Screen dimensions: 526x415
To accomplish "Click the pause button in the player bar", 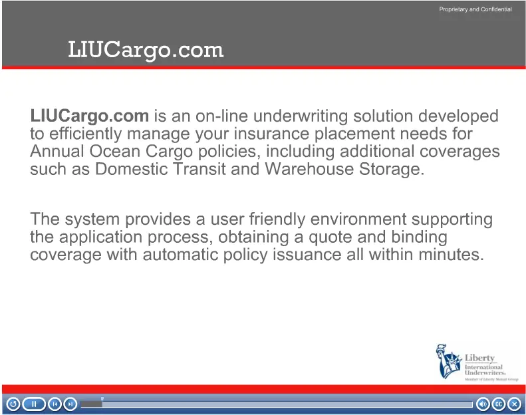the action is point(34,404).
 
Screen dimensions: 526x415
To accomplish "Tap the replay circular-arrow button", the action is point(13,404).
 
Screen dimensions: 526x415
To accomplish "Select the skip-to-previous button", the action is point(55,404).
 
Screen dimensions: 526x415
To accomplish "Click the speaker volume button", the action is point(483,404).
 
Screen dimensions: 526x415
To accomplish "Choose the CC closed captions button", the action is point(499,404).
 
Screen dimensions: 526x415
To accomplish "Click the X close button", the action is point(514,404).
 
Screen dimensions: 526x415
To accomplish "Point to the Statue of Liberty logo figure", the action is point(448,361).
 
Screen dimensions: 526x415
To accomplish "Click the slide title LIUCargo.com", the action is point(146,51).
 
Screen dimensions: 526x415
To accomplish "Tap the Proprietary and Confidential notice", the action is point(475,9).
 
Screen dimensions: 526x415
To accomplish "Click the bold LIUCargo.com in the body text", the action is point(90,116).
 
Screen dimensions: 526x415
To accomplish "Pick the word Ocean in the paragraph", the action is point(114,151).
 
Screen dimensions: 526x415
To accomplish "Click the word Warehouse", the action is point(309,168).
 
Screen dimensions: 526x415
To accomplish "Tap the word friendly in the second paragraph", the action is point(277,219).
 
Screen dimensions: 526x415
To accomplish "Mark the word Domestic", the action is point(132,168).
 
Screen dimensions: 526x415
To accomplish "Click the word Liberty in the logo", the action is point(479,358).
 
